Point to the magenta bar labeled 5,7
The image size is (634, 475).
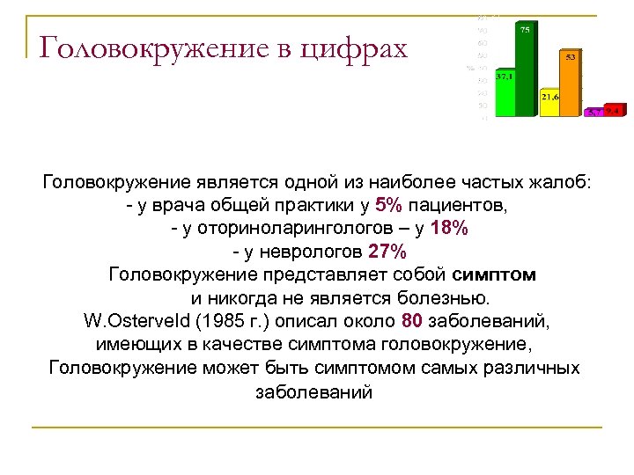[595, 113]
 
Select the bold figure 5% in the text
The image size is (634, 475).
[388, 206]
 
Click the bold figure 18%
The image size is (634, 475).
[451, 229]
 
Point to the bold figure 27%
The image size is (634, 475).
[387, 252]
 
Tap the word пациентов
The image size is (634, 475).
[461, 206]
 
